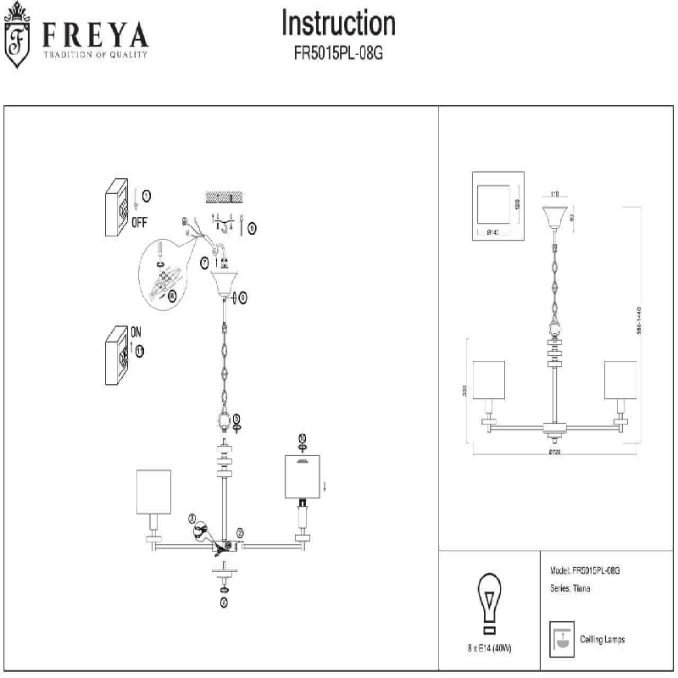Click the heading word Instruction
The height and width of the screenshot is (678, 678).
point(338,24)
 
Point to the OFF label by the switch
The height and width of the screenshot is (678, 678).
point(140,223)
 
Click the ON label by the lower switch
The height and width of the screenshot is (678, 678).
point(136,331)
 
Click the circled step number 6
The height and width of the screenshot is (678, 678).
point(242,297)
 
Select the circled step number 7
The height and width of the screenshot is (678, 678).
point(205,264)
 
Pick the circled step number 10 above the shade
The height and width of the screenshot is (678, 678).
point(302,438)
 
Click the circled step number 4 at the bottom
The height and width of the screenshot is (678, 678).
point(224,603)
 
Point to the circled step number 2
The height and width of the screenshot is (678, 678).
point(240,532)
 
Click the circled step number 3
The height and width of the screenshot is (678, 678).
point(192,518)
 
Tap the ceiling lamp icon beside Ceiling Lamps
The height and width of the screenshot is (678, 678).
point(559,638)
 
